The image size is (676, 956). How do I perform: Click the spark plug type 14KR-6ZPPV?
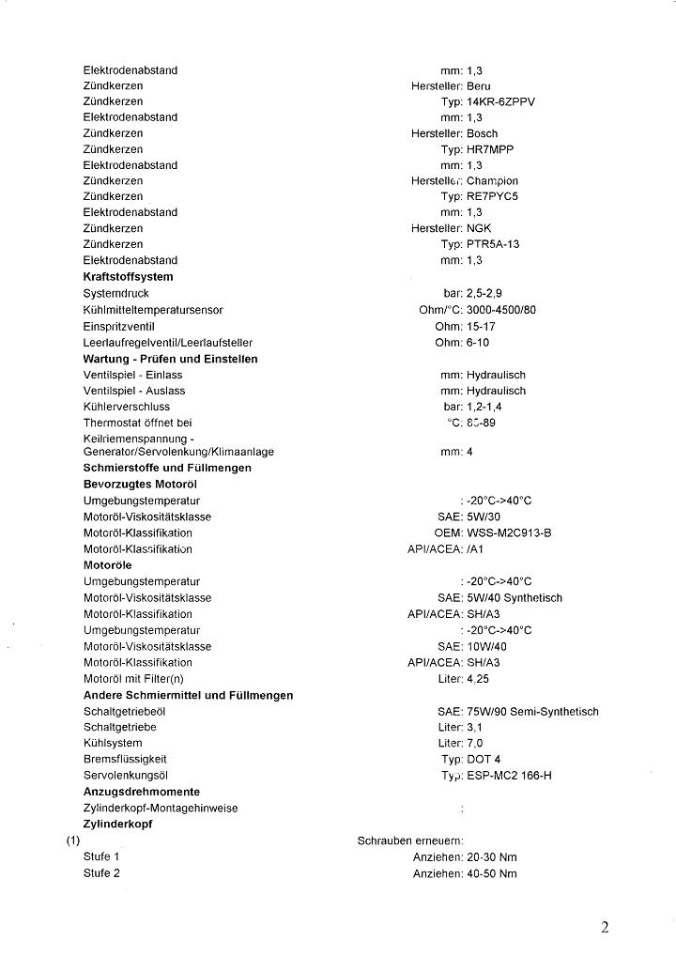(x=500, y=101)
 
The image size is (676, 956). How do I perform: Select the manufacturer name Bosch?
(x=482, y=133)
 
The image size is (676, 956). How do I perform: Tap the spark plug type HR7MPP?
(x=490, y=149)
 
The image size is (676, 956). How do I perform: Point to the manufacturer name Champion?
(x=492, y=180)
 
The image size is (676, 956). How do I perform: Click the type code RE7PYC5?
(x=492, y=196)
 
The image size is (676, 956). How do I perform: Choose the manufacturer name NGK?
(x=479, y=228)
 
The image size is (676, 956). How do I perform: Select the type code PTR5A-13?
(x=493, y=244)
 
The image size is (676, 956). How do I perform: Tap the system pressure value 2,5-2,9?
(x=490, y=293)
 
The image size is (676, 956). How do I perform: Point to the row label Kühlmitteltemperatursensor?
(x=153, y=309)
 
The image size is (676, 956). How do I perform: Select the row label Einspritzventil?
(x=120, y=326)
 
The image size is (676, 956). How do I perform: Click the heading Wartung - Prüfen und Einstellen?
(x=170, y=359)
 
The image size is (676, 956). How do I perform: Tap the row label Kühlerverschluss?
(x=127, y=407)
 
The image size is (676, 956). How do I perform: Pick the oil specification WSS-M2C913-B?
(x=509, y=532)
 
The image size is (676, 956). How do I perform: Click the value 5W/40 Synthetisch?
(x=515, y=597)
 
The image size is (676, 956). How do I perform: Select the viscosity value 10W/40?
(x=486, y=646)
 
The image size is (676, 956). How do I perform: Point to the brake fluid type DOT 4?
(x=484, y=759)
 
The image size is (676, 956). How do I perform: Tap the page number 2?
(x=605, y=928)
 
